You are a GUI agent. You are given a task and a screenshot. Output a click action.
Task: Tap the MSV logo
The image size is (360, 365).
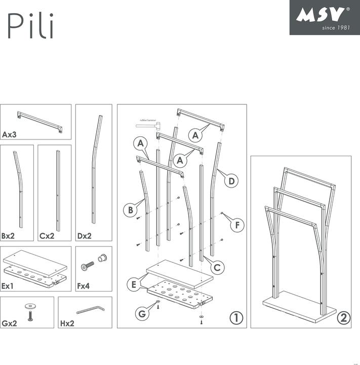(x=324, y=17)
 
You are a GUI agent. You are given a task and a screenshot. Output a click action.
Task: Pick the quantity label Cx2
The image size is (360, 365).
(x=48, y=236)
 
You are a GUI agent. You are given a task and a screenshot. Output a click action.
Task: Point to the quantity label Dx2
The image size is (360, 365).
(x=85, y=236)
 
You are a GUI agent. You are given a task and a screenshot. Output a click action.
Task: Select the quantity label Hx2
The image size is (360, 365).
(x=68, y=323)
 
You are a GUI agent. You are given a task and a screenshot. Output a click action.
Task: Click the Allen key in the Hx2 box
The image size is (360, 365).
(x=90, y=309)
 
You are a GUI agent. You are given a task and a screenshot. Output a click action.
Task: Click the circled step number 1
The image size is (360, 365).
(x=235, y=318)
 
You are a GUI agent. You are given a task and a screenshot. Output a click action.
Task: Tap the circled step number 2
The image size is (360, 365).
(x=343, y=318)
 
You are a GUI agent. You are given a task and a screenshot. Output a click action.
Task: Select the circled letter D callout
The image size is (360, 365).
(x=231, y=180)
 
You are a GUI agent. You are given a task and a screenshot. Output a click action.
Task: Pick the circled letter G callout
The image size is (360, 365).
(x=143, y=314)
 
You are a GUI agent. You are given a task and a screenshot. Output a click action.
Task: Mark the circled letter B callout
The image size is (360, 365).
(x=131, y=208)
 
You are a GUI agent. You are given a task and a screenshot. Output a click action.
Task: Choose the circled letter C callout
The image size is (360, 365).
(x=216, y=266)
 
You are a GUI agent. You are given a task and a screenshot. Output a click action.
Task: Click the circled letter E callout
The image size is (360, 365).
(x=134, y=284)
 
